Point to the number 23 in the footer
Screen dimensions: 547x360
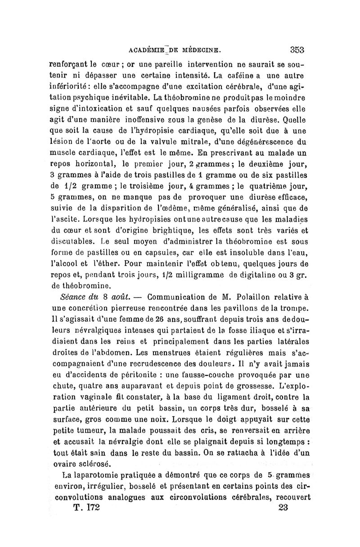click(x=283, y=507)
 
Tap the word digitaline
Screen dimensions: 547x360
click(x=263, y=273)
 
